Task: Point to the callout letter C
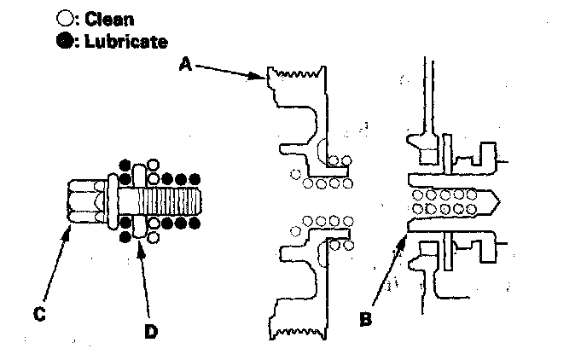point(39,315)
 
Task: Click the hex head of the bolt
point(84,201)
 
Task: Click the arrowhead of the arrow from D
point(141,241)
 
